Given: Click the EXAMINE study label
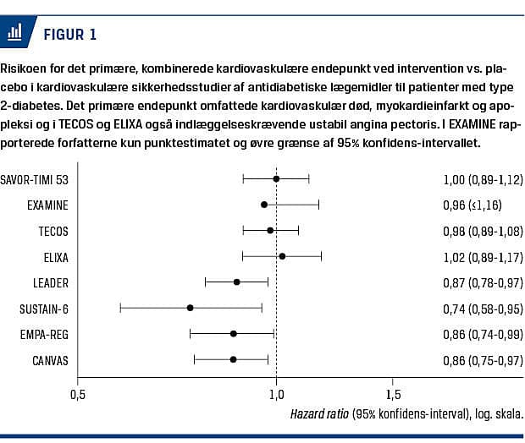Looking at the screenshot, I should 47,205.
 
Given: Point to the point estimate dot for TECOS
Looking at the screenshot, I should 270,231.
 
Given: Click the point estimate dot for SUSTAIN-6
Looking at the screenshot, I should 190,308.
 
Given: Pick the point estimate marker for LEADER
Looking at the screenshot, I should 237,282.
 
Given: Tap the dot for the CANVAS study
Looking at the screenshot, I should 234,359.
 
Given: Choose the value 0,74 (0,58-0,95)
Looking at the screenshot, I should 483,308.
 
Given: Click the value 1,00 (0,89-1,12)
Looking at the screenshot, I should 483,179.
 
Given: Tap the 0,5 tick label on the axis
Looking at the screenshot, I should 78,395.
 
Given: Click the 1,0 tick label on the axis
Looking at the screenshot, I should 276,395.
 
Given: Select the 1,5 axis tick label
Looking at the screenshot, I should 394,395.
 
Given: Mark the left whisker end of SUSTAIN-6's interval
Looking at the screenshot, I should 120,308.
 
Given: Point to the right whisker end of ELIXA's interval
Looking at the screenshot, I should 321,256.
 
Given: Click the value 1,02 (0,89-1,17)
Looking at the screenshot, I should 483,257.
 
